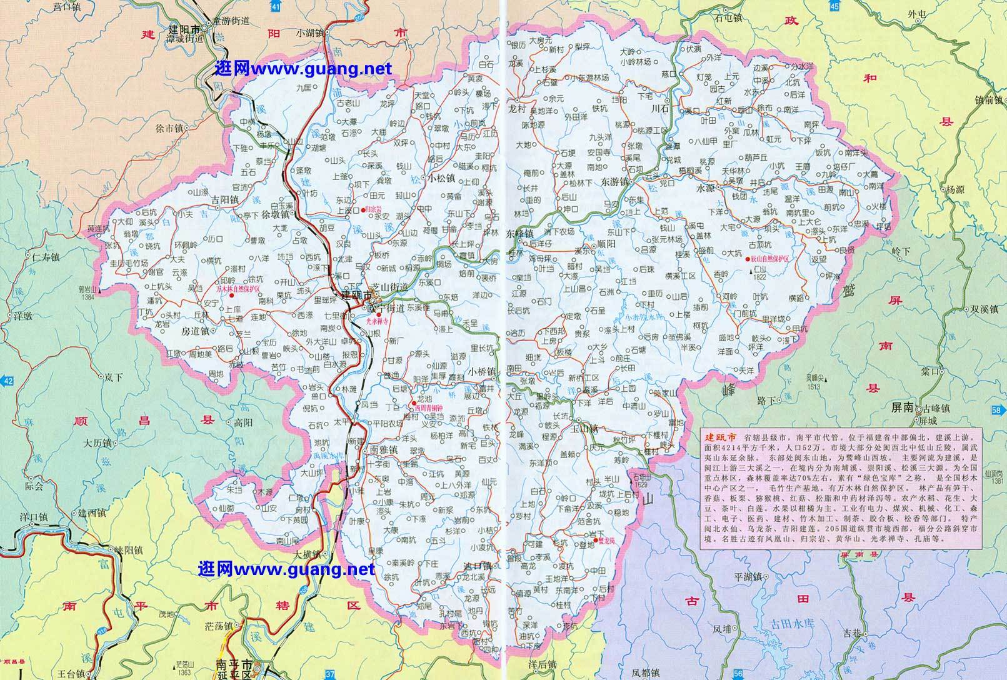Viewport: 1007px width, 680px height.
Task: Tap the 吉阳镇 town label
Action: (x=225, y=200)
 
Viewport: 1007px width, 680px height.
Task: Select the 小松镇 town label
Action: (x=443, y=177)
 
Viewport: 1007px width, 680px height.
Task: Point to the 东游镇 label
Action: (x=616, y=181)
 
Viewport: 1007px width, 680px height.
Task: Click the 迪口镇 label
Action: (x=478, y=566)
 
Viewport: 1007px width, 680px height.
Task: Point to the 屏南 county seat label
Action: (x=902, y=406)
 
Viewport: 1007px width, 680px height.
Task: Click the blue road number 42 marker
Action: (x=7, y=381)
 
